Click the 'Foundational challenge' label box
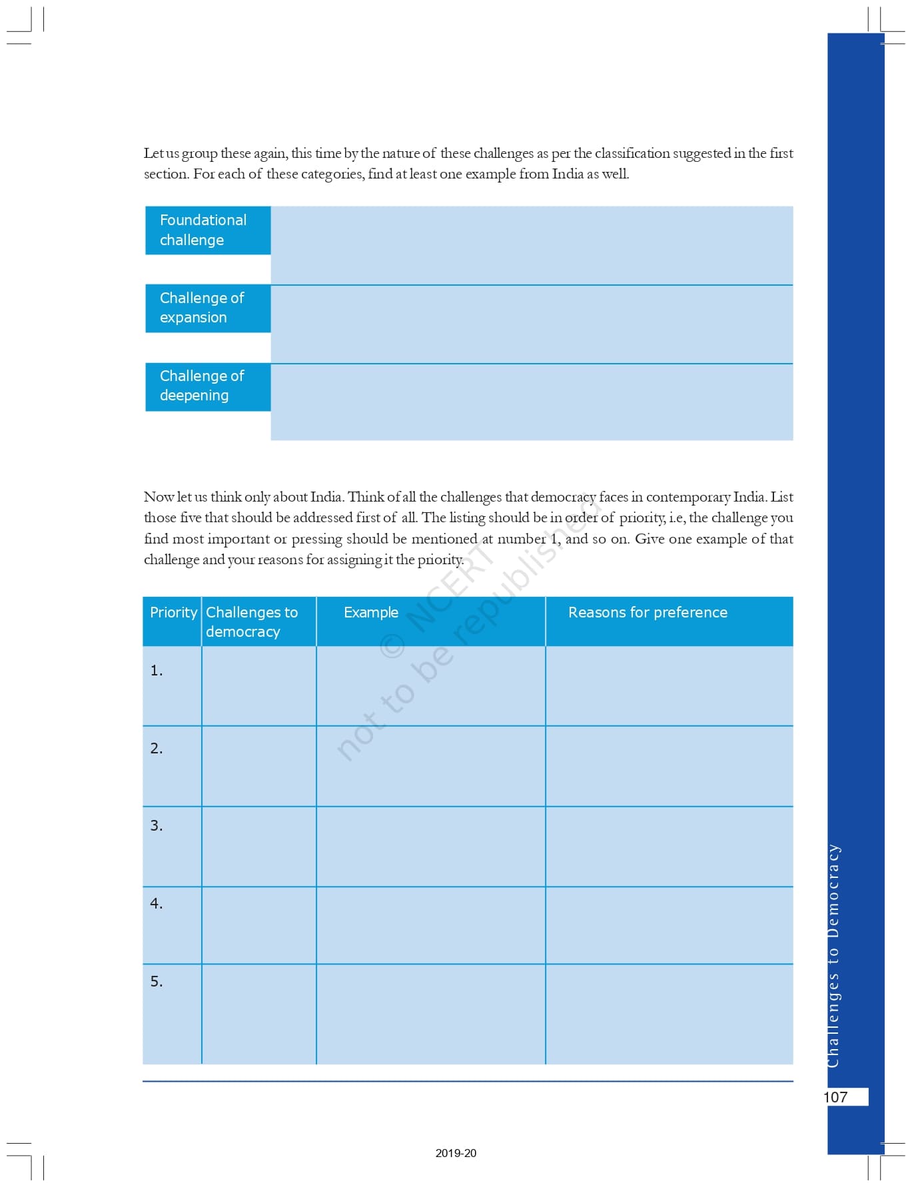208,230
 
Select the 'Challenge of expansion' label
208,308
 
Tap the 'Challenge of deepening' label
208,386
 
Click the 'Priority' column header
173,613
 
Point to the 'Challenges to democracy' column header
252,621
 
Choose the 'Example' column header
371,613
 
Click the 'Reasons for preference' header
648,613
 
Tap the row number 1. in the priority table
157,671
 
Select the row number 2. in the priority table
157,749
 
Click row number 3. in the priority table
157,826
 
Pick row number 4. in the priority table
157,904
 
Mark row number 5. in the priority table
157,982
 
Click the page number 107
836,1097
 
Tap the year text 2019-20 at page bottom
456,1153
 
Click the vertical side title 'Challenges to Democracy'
833,956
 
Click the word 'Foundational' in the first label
203,220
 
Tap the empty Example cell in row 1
431,686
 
